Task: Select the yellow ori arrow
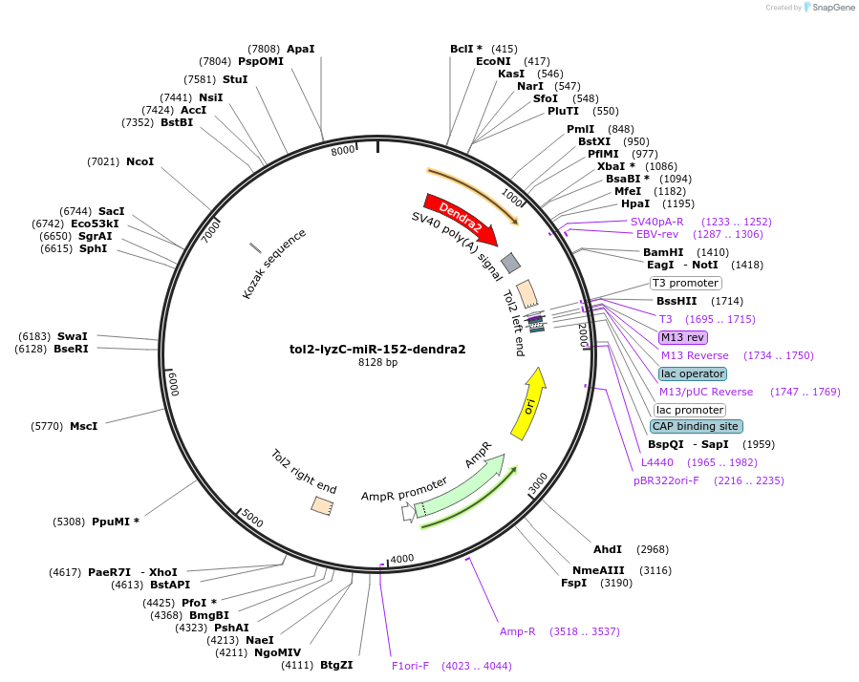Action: (528, 404)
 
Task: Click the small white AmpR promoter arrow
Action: (408, 513)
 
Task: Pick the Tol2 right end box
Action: (322, 506)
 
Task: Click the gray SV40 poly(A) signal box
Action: (511, 263)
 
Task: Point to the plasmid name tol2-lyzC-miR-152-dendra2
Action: (377, 349)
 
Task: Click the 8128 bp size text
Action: (377, 363)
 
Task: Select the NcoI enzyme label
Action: (140, 161)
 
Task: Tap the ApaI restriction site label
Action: (300, 49)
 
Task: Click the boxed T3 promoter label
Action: (685, 283)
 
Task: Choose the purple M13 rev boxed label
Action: (682, 337)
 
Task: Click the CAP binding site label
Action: (695, 426)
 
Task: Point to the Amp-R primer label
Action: (518, 631)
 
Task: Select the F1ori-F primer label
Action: (411, 666)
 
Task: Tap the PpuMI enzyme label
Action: (116, 522)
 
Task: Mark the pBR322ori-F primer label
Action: (666, 480)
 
